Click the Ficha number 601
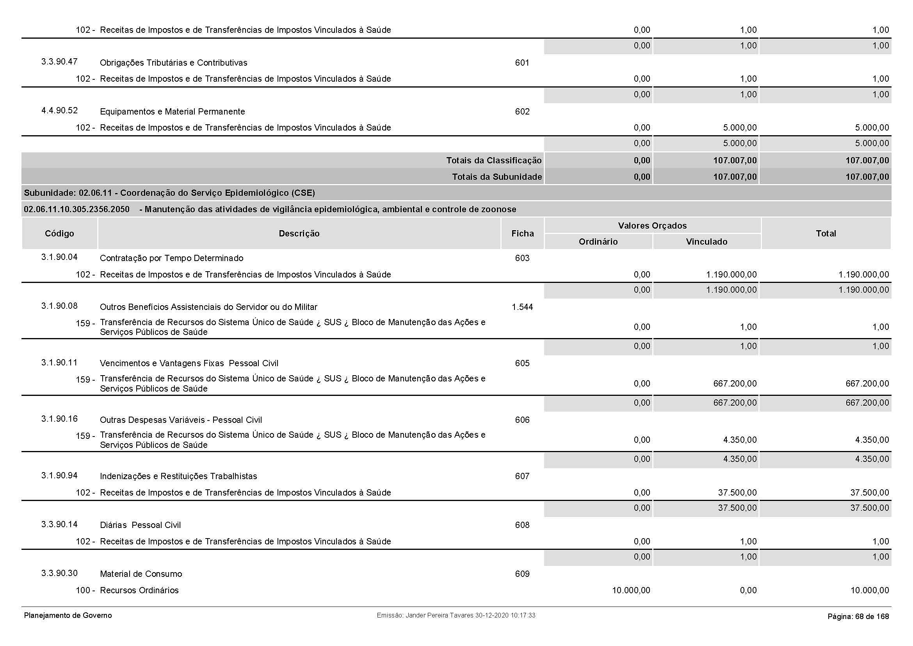(522, 63)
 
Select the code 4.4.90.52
(59, 111)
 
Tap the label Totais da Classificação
(493, 160)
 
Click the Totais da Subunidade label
(497, 177)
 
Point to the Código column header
(59, 233)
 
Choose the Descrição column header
(299, 233)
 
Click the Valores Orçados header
(652, 225)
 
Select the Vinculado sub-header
(706, 242)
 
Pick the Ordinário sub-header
(598, 242)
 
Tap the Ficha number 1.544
(522, 307)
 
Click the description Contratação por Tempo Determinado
(171, 258)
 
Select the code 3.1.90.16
(59, 419)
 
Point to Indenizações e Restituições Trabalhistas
(178, 476)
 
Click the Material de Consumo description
(141, 574)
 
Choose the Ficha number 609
(522, 574)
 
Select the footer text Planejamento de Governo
(68, 616)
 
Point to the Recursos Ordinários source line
(139, 590)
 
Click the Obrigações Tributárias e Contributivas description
(173, 63)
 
